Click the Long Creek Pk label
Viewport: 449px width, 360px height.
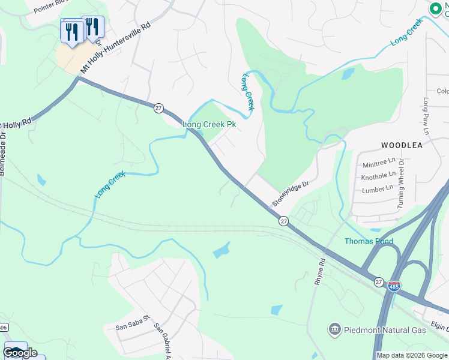point(209,125)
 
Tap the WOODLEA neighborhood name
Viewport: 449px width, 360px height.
point(402,145)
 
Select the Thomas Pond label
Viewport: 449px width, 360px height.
point(369,241)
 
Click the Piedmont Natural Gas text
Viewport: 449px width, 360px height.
point(384,330)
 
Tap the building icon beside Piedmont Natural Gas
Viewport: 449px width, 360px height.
point(334,329)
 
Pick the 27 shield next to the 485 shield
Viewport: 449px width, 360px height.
point(378,281)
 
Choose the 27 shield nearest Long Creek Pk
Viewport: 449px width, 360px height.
point(158,107)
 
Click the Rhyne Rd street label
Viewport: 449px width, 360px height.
point(321,272)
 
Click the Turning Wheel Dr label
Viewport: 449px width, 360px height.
point(401,184)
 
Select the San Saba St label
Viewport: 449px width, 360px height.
point(132,328)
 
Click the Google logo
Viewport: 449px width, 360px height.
point(20,353)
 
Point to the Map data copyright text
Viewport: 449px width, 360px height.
point(412,355)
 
